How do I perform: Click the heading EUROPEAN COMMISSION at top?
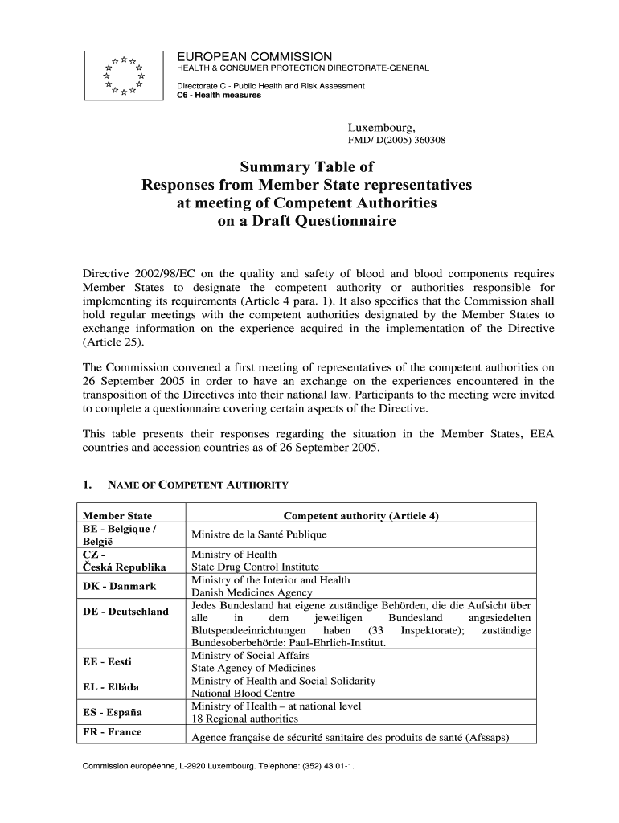click(254, 56)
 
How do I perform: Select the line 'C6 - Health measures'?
click(219, 96)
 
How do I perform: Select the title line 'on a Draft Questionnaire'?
click(307, 220)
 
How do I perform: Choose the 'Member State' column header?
click(117, 515)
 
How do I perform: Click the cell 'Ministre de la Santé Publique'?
click(259, 534)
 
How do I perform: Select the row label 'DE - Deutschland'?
click(126, 612)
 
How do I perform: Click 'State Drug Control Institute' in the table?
click(255, 567)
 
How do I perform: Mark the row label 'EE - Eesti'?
click(108, 661)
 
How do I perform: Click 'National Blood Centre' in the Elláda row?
click(243, 693)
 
